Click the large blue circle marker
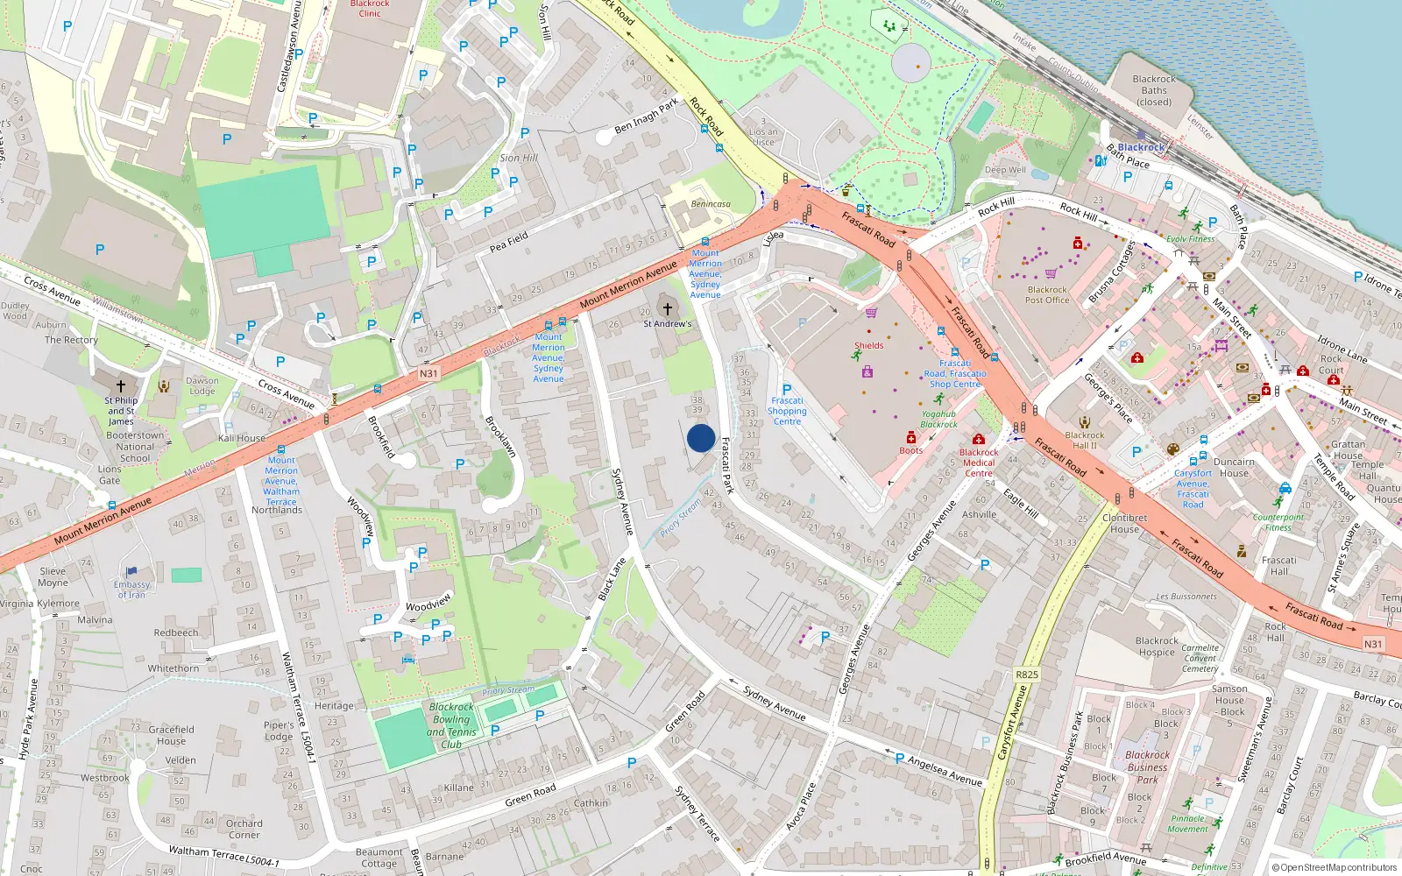point(701,438)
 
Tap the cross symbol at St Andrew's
point(668,309)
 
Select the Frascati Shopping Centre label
point(787,411)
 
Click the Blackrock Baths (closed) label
point(1154,90)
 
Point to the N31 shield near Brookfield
point(428,374)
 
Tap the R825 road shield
point(1026,675)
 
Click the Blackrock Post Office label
point(1047,294)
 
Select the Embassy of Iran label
point(131,590)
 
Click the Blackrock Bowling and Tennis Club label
point(451,725)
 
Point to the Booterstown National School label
point(135,446)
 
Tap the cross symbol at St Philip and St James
point(121,385)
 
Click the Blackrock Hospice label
point(1157,646)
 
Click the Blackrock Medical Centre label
point(979,463)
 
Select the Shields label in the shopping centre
point(869,345)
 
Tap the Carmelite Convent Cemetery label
point(1200,658)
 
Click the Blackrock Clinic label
point(370,9)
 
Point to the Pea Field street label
point(509,242)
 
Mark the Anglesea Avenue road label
point(945,771)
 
